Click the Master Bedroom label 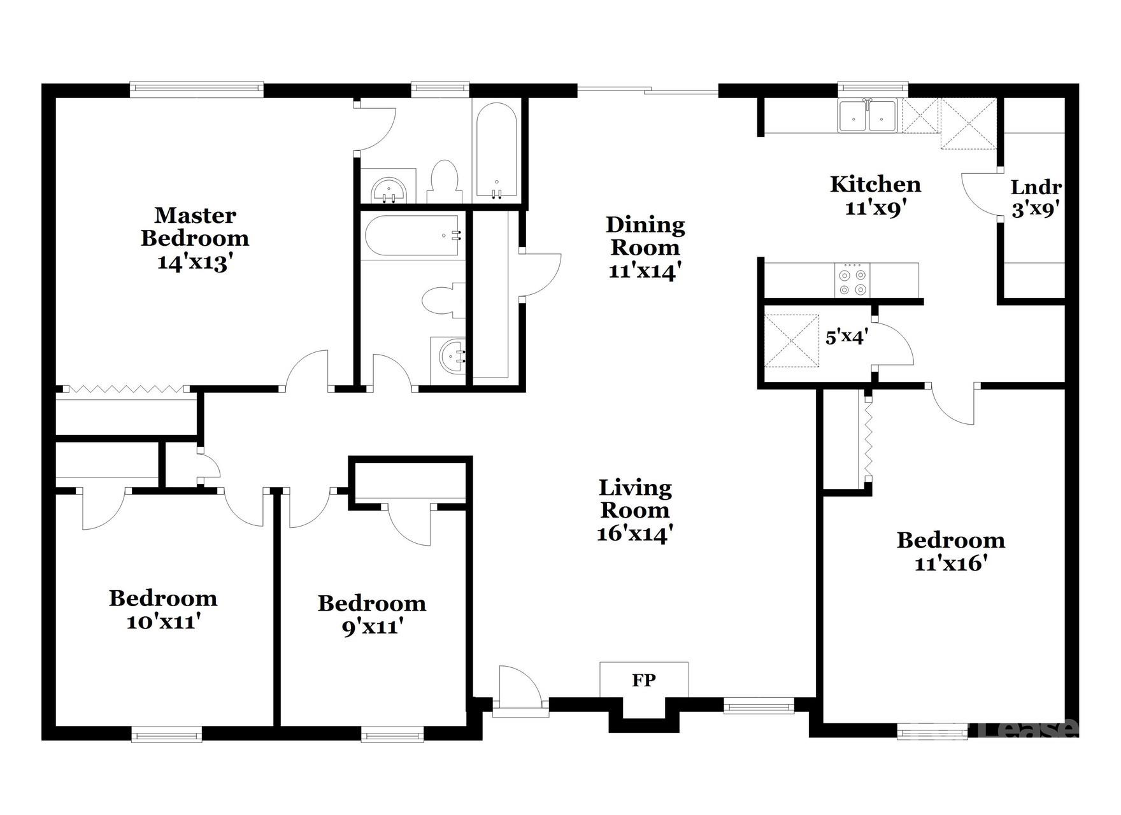pos(195,227)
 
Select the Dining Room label pos(645,236)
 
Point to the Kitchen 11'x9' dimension pos(875,208)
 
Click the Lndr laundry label pos(1036,187)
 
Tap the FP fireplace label pos(643,680)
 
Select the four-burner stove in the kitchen pos(853,281)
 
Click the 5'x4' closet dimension pos(846,336)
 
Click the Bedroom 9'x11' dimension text pos(371,627)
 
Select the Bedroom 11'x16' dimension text pos(951,563)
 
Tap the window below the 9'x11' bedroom pos(392,735)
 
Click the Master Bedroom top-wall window pos(196,89)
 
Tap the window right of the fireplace pos(759,705)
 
